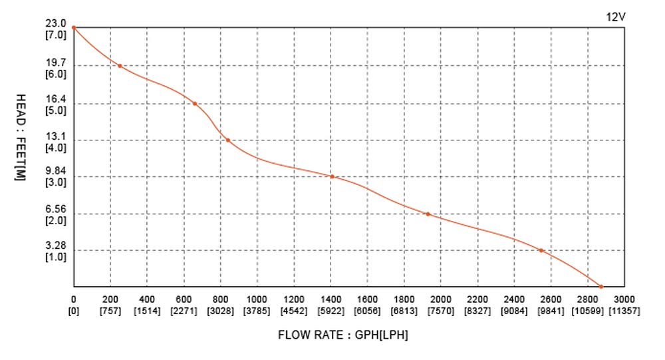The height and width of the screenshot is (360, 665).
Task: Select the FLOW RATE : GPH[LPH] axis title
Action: click(342, 335)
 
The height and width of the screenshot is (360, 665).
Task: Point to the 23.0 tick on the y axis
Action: click(56, 24)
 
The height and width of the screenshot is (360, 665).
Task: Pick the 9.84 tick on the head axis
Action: click(56, 171)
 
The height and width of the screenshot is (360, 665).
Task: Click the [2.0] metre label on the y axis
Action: click(56, 220)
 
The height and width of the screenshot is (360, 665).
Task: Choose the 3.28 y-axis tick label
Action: click(56, 246)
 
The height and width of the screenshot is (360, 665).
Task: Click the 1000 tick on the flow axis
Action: click(257, 299)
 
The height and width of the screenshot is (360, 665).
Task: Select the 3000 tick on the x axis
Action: click(624, 299)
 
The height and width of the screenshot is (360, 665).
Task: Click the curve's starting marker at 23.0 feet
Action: click(73, 27)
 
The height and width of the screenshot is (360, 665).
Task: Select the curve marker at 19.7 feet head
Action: click(120, 66)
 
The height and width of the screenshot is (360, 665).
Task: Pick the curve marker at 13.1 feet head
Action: click(227, 140)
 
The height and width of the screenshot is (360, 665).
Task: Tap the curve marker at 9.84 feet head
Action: click(332, 176)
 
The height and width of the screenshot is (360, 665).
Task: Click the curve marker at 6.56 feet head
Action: click(428, 214)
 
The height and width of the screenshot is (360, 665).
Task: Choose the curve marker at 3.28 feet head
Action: click(541, 250)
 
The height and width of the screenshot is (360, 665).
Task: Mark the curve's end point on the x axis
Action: click(601, 287)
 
